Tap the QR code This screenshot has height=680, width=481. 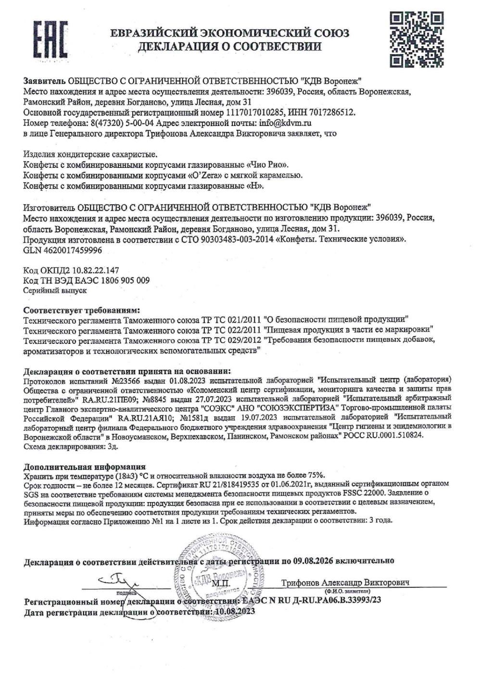tap(416, 39)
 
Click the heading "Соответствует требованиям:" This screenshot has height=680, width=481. tap(82, 309)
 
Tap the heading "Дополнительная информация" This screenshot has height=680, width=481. tap(84, 466)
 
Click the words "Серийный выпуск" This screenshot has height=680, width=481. tap(54, 290)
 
